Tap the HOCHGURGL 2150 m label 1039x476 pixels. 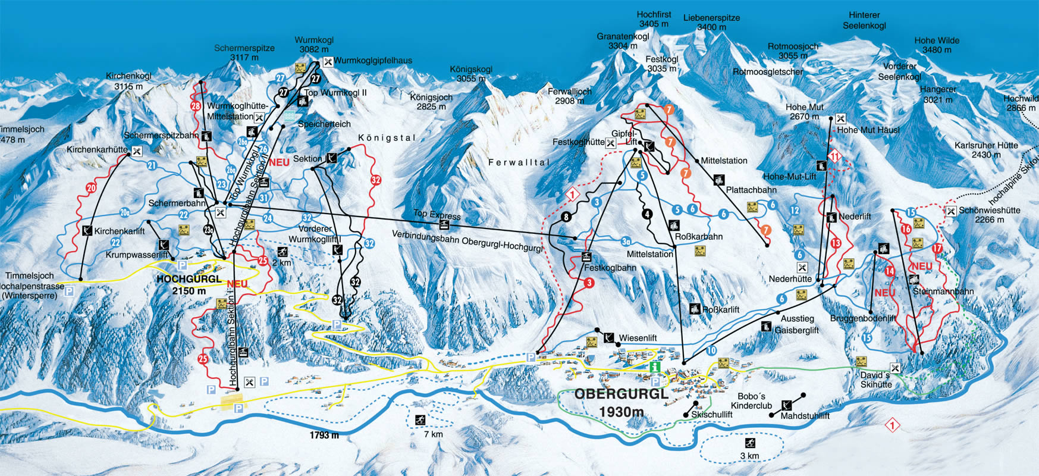click(189, 284)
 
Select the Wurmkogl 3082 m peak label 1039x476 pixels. click(314, 45)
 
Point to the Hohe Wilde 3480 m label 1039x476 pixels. click(937, 45)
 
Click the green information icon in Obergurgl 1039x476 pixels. click(655, 367)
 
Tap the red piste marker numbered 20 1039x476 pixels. click(91, 188)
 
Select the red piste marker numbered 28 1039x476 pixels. click(196, 106)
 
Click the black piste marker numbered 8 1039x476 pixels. click(566, 217)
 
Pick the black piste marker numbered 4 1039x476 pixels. click(647, 214)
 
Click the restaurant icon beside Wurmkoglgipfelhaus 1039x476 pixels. click(328, 61)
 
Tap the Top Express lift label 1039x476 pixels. click(437, 214)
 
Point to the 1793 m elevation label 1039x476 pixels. click(324, 435)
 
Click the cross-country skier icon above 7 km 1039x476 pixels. click(420, 420)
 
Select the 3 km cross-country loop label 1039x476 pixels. click(749, 456)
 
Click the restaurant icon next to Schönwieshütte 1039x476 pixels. click(951, 211)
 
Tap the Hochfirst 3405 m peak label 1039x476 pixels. click(654, 19)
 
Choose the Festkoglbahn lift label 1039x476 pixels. click(610, 268)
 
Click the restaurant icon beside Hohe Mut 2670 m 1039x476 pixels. click(840, 119)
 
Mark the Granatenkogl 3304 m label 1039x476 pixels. click(623, 41)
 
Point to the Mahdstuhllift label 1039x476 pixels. click(805, 416)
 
